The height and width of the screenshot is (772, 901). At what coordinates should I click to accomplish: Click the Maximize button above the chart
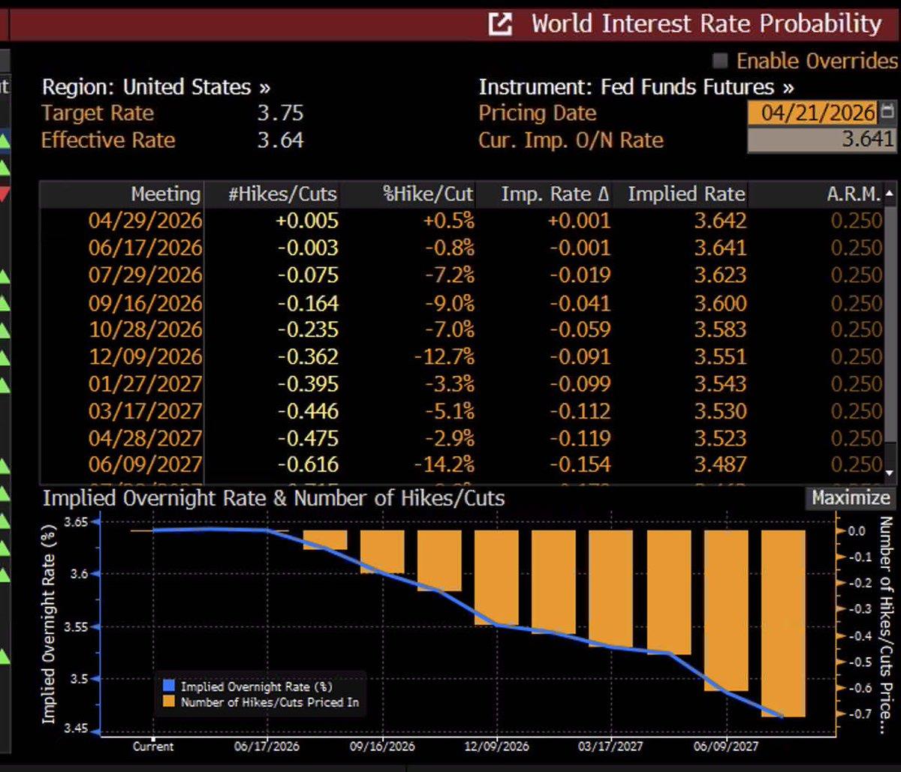click(x=850, y=498)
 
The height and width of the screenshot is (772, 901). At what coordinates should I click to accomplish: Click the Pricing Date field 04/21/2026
click(x=817, y=113)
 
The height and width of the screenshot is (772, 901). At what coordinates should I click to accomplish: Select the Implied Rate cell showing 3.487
click(x=720, y=464)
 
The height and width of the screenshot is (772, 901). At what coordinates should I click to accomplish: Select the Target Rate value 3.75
click(x=280, y=113)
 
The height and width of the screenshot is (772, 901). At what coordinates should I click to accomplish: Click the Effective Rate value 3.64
click(x=280, y=140)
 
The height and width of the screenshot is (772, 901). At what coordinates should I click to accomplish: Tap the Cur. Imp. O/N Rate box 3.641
click(x=821, y=140)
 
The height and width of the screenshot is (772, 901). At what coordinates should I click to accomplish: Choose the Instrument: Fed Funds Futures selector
click(x=636, y=87)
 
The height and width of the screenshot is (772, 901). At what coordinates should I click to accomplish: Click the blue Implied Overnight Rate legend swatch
click(x=168, y=686)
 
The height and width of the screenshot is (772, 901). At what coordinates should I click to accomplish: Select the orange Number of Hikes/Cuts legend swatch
click(x=168, y=703)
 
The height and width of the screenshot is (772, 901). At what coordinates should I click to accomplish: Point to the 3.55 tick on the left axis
click(x=80, y=626)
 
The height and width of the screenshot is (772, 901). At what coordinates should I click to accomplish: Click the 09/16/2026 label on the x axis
click(x=382, y=746)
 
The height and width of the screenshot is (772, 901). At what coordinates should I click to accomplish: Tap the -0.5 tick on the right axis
click(x=854, y=662)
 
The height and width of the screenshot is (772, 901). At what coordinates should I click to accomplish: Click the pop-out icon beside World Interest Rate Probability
click(x=500, y=25)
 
